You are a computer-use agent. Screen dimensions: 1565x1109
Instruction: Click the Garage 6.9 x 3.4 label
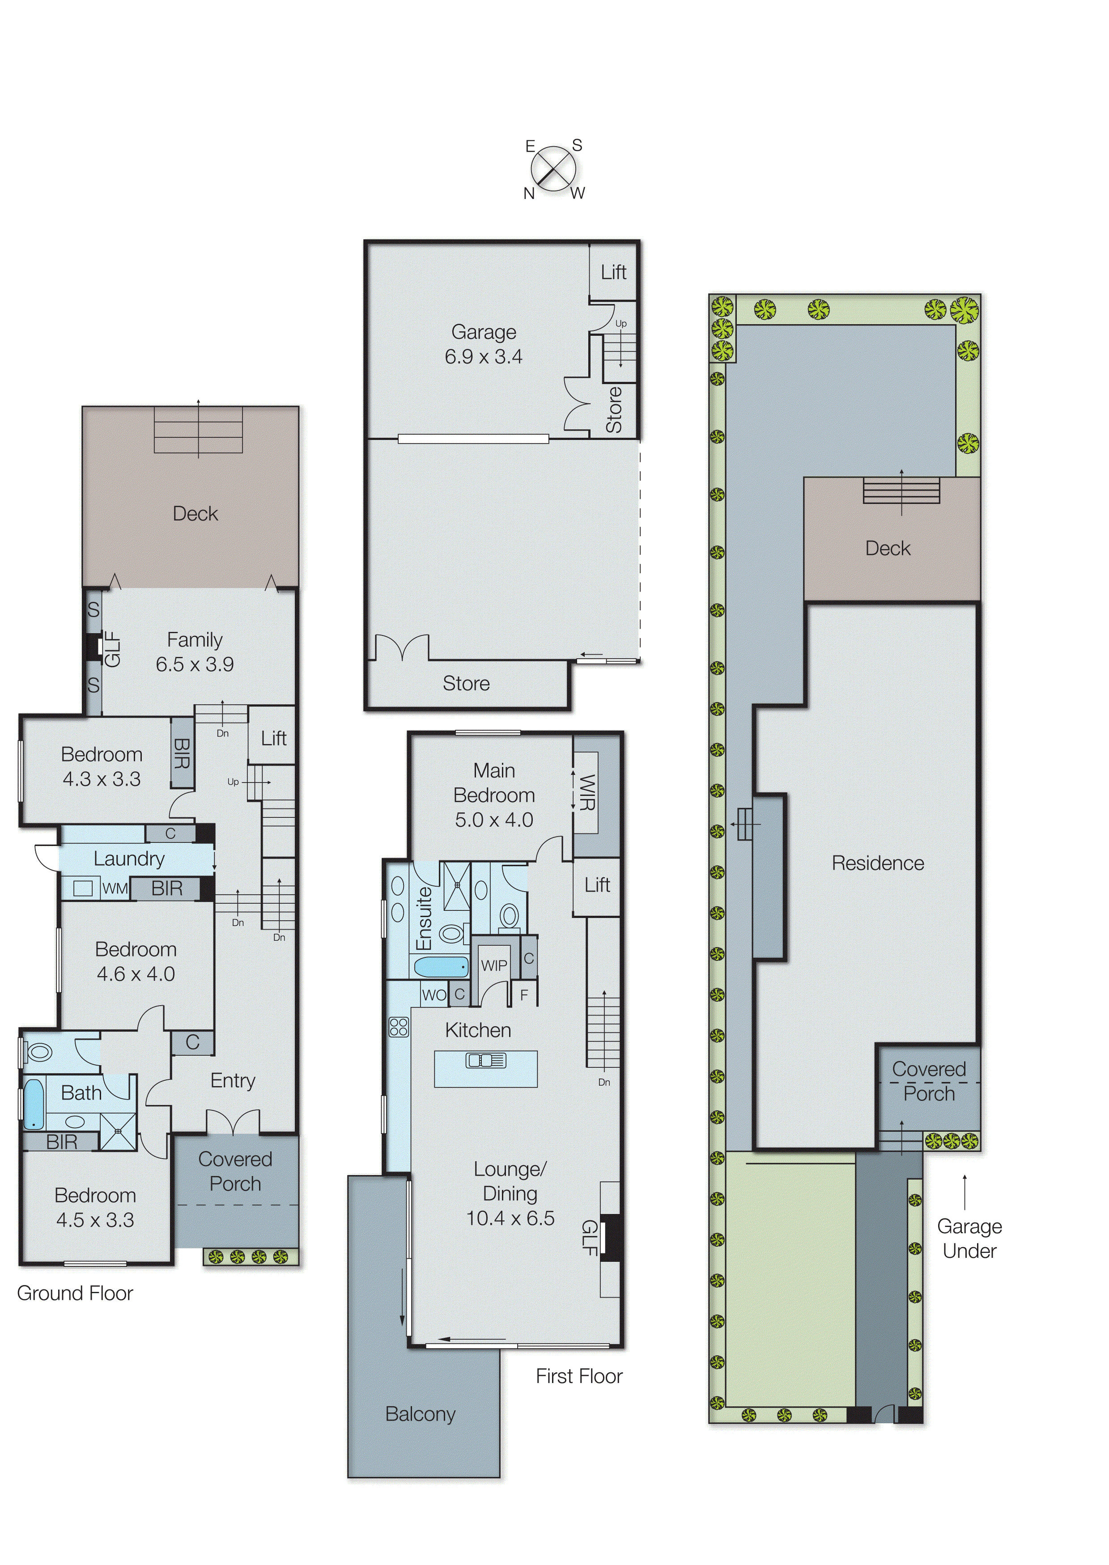click(x=484, y=344)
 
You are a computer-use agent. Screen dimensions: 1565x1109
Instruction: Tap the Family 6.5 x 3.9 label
click(x=195, y=652)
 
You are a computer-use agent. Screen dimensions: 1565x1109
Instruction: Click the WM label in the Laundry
click(x=115, y=888)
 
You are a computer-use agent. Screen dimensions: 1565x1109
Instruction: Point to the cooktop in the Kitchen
click(x=399, y=1027)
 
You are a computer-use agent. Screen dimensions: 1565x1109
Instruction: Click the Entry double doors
click(x=233, y=1122)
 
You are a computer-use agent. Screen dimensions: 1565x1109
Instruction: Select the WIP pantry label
click(x=494, y=965)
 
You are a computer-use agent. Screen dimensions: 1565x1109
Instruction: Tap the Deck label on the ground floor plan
click(x=195, y=513)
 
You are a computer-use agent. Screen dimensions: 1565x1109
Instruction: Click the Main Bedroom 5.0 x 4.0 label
click(x=494, y=795)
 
